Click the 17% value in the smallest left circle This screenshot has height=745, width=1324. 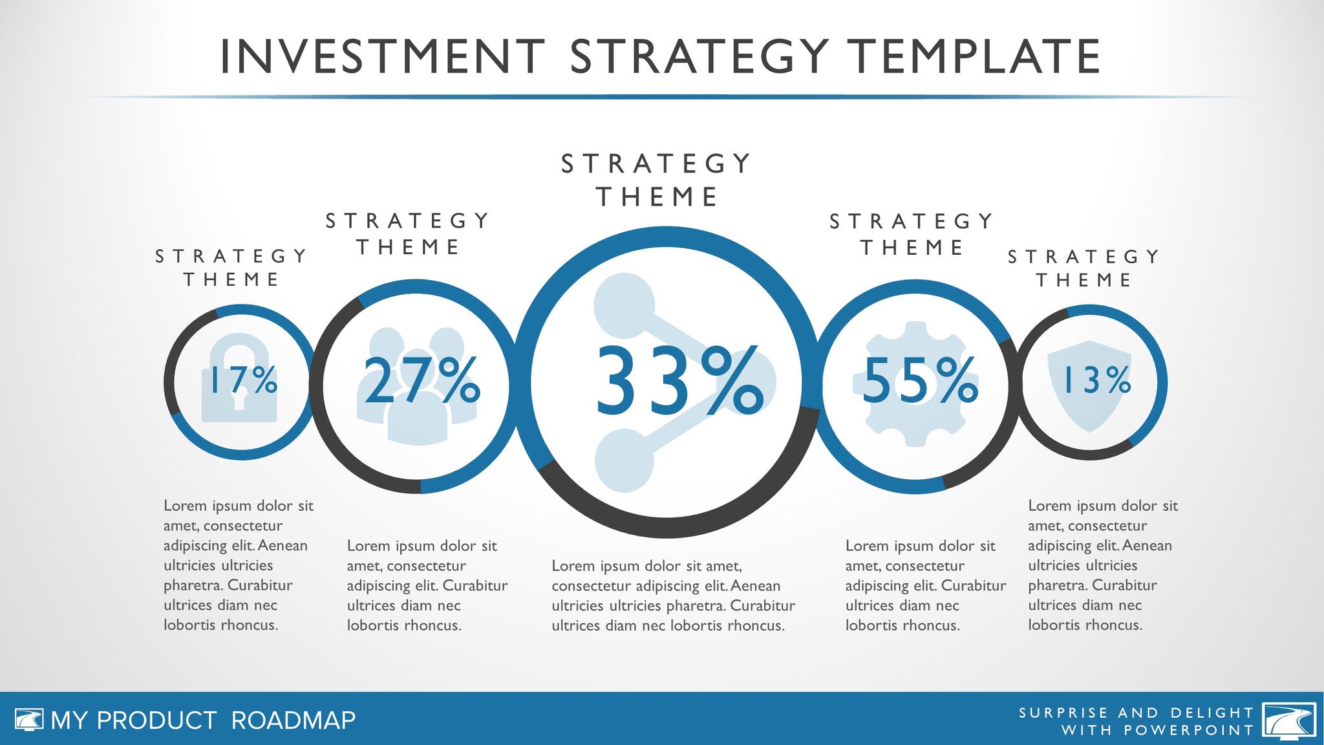pyautogui.click(x=240, y=380)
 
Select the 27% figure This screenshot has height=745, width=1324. pyautogui.click(x=422, y=380)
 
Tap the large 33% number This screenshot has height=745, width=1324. pyautogui.click(x=679, y=381)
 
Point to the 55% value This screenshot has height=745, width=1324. pyautogui.click(x=921, y=380)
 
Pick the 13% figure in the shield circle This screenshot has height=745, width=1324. pyautogui.click(x=1097, y=380)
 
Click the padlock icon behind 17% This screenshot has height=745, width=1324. pyautogui.click(x=239, y=378)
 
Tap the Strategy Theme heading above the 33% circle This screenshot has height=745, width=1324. pyautogui.click(x=656, y=180)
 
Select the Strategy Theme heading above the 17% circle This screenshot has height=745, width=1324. pyautogui.click(x=231, y=268)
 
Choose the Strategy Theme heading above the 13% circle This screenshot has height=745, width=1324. pyautogui.click(x=1084, y=268)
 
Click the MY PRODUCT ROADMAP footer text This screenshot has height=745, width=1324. pyautogui.click(x=203, y=720)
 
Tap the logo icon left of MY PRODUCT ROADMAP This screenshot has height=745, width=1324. pyautogui.click(x=29, y=720)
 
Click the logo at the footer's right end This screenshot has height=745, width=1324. pyautogui.click(x=1289, y=720)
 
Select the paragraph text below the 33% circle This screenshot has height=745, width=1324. pyautogui.click(x=674, y=596)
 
